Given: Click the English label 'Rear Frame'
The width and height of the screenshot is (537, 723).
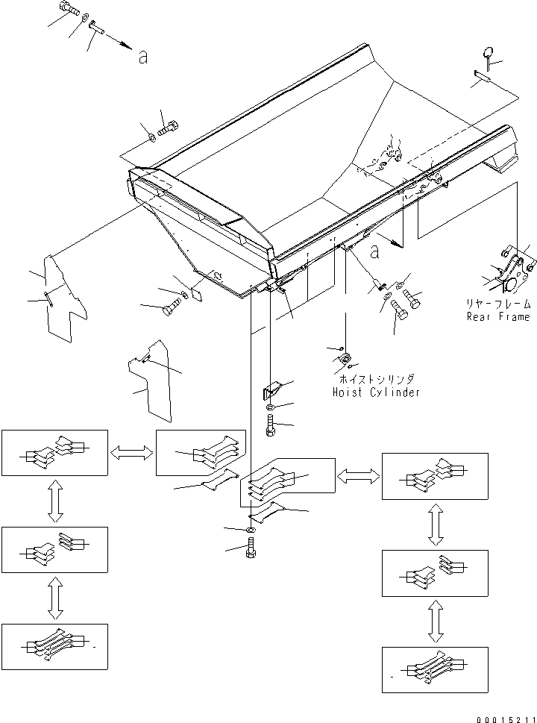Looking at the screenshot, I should (x=498, y=316).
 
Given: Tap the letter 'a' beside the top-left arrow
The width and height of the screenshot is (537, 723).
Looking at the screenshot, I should (x=142, y=59).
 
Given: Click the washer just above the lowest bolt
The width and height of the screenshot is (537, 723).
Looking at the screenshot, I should (x=251, y=530).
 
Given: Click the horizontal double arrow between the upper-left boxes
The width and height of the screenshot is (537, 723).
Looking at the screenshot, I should (x=131, y=451).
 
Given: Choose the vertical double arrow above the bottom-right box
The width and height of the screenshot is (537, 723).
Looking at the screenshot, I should (x=435, y=624).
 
